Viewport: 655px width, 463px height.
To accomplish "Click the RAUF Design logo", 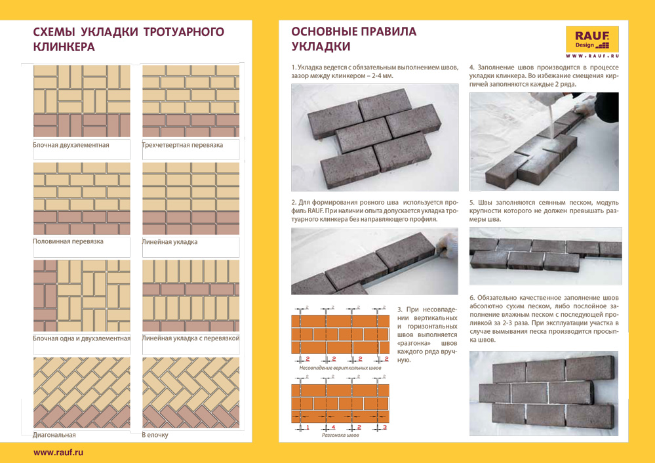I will tap(592, 40).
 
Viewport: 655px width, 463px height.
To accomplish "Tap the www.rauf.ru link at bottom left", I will tap(58, 452).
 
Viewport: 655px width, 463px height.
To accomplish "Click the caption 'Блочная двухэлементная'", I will tap(71, 145).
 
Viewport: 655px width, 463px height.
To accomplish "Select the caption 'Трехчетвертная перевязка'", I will tap(182, 145).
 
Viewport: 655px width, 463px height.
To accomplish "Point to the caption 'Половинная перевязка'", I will tap(68, 241).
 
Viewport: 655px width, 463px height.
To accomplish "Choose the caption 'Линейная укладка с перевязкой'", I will tap(190, 338).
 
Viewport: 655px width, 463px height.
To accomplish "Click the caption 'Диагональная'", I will tap(54, 435).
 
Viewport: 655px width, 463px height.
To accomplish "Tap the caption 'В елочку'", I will tap(155, 435).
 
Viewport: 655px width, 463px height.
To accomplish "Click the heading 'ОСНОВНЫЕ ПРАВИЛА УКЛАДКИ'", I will tap(353, 39).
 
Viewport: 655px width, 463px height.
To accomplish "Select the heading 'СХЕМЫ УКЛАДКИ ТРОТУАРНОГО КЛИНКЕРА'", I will tap(128, 39).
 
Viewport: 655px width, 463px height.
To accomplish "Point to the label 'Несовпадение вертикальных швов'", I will tap(340, 368).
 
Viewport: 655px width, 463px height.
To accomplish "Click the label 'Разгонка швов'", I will tap(340, 435).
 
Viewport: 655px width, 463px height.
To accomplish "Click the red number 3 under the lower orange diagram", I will tap(385, 428).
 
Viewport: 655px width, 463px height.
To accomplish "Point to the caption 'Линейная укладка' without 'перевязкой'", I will tap(170, 242).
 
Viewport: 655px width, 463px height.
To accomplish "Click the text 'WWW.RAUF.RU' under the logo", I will tap(592, 57).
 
